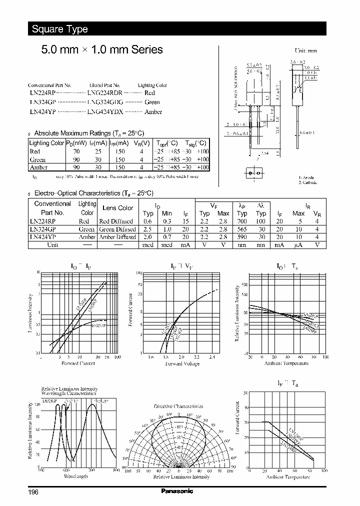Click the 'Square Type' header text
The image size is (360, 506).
pos(59,29)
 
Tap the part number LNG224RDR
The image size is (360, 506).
pos(104,93)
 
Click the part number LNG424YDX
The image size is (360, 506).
pos(104,112)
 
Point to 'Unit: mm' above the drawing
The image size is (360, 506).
pos(306,51)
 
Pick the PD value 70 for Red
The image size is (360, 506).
pos(76,151)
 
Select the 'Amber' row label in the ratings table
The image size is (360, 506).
pos(38,167)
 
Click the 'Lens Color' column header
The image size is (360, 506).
pos(117,208)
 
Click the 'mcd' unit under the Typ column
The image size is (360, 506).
pos(147,245)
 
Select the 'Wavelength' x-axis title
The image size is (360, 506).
pos(76,476)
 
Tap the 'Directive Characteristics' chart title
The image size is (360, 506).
pos(179,406)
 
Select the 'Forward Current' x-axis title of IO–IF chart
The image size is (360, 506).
pos(78,363)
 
